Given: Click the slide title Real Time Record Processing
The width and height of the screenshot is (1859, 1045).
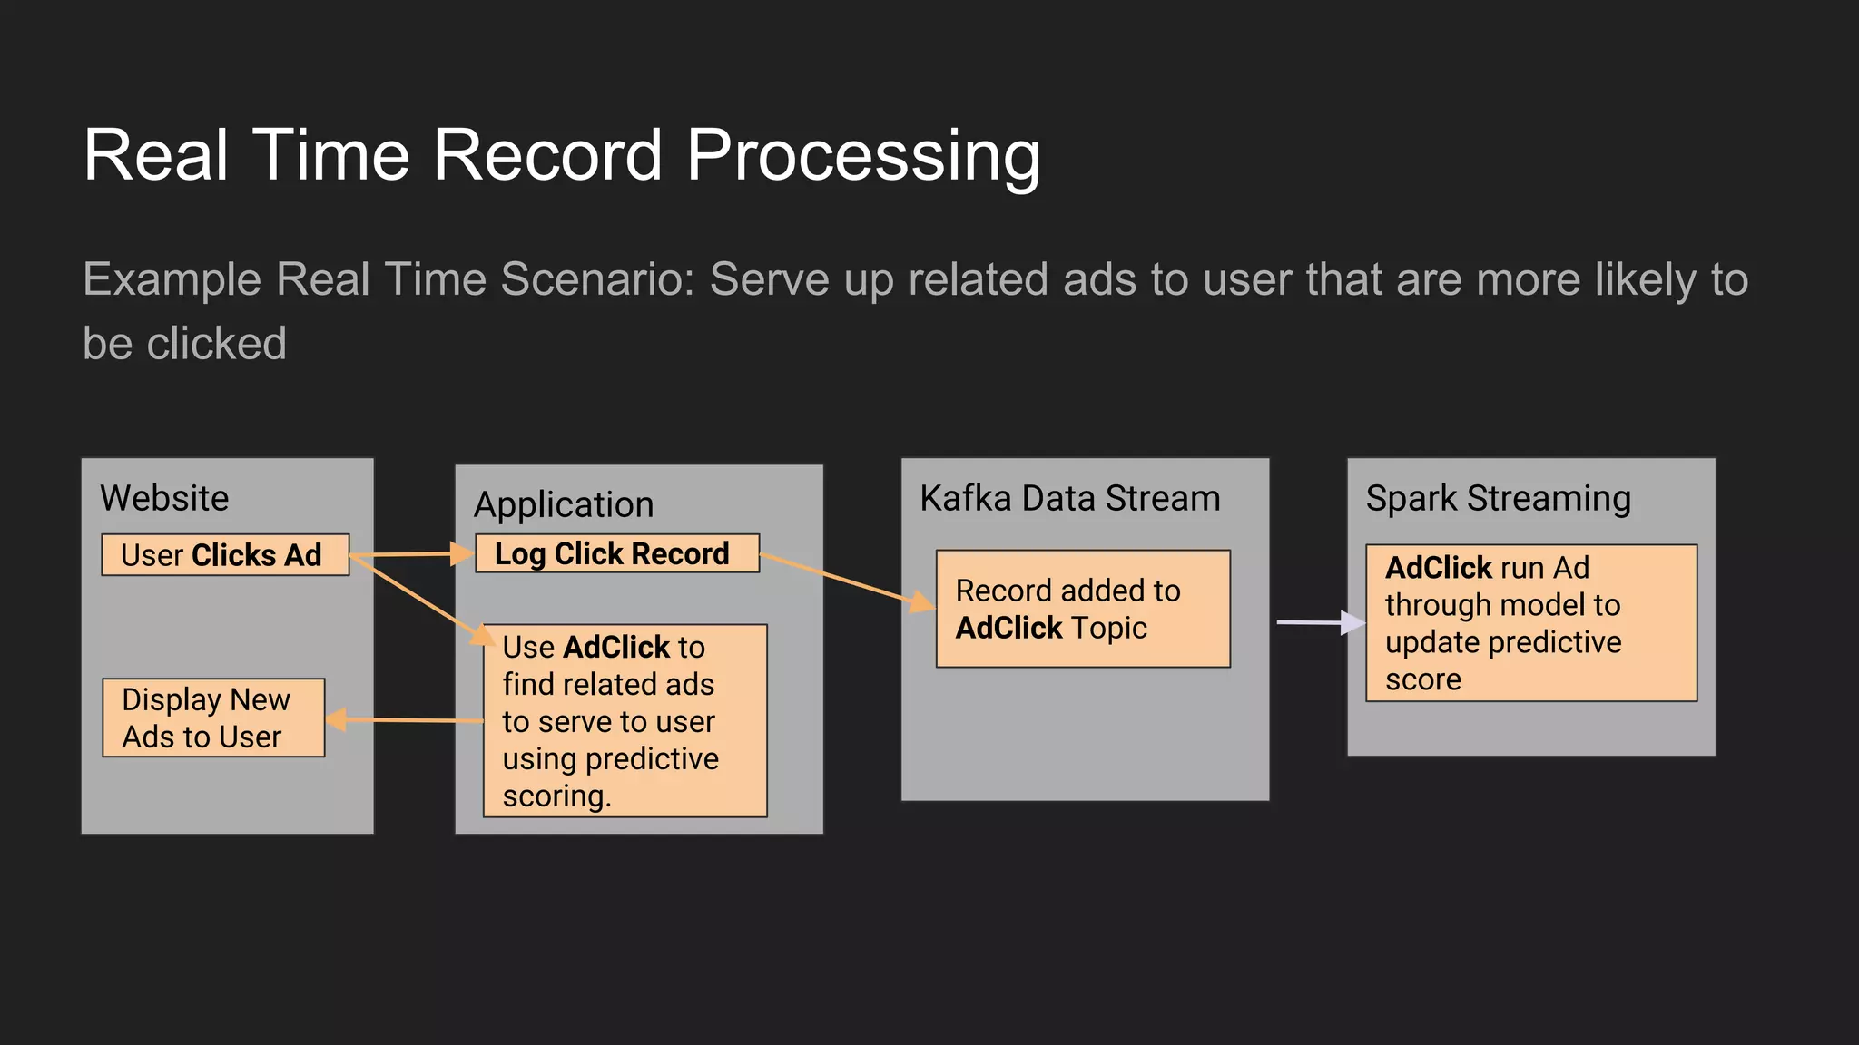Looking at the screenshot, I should [561, 155].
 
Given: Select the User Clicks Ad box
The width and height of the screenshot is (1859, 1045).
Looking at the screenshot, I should [225, 554].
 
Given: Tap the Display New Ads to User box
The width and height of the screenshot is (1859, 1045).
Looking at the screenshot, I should [213, 718].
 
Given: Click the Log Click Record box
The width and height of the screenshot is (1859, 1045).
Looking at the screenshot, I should [616, 553].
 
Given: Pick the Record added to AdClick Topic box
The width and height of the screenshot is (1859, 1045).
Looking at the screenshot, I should [1082, 609].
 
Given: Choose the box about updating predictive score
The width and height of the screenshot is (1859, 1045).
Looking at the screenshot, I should [1530, 623].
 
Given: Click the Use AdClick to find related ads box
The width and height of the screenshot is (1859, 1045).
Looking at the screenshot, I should [625, 720].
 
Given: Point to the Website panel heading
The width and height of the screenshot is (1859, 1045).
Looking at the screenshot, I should [164, 498].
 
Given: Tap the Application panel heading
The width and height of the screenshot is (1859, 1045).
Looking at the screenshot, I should [563, 504].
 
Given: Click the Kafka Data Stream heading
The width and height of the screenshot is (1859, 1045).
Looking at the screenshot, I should [1069, 498].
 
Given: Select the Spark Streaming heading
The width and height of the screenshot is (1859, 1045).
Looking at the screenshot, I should [1498, 498].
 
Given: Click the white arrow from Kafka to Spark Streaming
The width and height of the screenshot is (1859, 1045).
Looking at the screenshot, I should [1316, 622].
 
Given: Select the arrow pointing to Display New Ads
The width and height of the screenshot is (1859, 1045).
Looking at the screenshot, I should [404, 720].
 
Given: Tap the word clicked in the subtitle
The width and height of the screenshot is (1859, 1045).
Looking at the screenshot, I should [216, 344].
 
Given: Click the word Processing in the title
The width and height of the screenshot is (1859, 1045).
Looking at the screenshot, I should [862, 155].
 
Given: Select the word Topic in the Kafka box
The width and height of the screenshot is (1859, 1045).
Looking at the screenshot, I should [1109, 628].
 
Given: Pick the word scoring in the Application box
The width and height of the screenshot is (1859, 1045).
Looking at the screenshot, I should [556, 796].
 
